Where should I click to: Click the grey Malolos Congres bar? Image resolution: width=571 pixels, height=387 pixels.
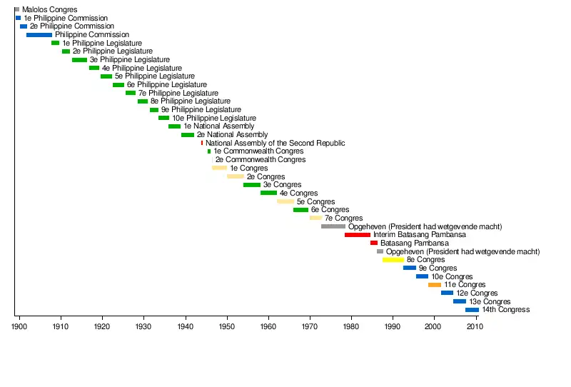click(x=16, y=9)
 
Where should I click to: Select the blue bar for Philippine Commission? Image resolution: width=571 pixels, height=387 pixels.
click(x=39, y=34)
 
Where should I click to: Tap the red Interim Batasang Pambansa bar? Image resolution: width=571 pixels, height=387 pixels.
click(x=358, y=235)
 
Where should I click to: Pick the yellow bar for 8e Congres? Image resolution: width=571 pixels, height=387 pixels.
click(x=393, y=260)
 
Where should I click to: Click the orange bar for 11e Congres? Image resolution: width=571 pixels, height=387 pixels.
click(x=435, y=285)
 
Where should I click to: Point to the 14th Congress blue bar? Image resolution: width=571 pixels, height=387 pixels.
click(x=472, y=310)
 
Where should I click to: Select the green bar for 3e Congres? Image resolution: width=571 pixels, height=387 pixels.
click(x=252, y=185)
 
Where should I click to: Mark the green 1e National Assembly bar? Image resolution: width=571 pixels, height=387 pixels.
click(x=174, y=126)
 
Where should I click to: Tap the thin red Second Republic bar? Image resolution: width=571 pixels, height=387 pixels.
click(x=202, y=143)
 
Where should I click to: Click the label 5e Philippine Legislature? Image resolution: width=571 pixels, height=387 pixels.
click(x=154, y=76)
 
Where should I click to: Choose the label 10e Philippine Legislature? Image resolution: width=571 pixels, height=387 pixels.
click(x=213, y=118)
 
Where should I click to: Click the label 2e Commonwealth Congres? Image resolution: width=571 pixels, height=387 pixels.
click(x=260, y=160)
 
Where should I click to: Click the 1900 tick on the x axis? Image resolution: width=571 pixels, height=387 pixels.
click(x=19, y=326)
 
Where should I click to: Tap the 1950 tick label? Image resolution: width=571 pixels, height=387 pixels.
click(x=227, y=326)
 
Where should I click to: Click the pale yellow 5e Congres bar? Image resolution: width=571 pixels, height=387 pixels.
click(x=285, y=201)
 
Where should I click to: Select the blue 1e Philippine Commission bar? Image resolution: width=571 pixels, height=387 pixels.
click(x=18, y=18)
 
